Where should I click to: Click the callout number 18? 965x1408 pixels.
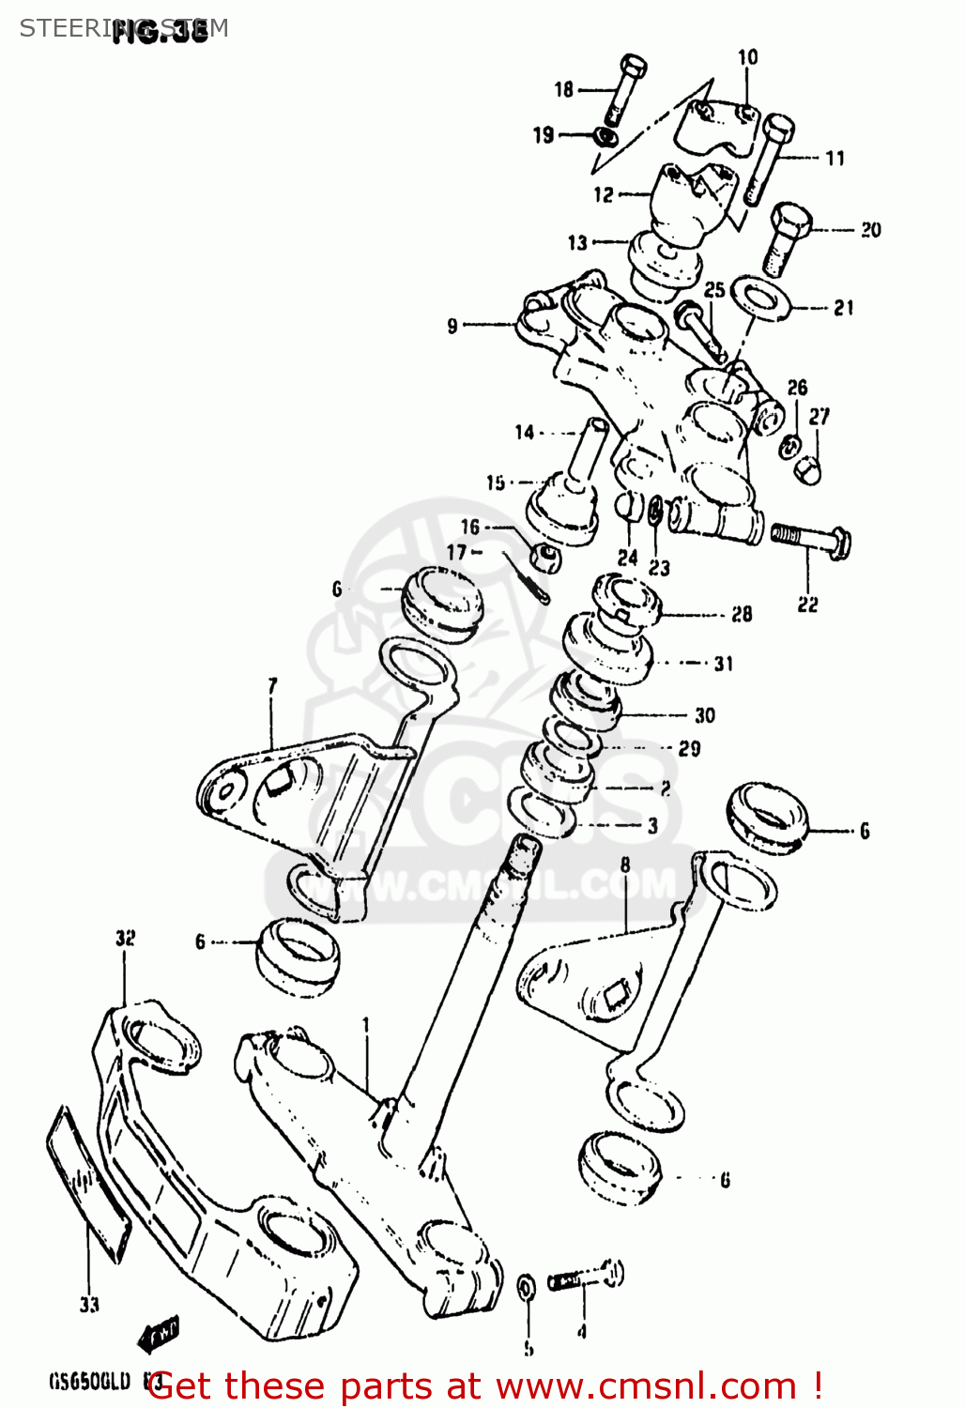point(563,89)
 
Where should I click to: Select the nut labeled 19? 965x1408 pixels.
point(606,137)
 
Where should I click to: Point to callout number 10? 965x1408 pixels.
point(747,57)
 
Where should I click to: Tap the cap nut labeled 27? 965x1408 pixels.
point(807,467)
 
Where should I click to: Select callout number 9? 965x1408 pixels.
point(452,326)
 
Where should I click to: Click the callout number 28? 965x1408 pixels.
point(742,614)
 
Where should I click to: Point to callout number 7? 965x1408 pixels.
point(272,686)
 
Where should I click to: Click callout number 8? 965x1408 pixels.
point(625,865)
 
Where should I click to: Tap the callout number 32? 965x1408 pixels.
point(125,938)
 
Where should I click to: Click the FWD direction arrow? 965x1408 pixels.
point(158,1333)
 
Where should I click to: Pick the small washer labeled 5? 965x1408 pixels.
point(527,1287)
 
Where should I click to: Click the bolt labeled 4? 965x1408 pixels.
point(585,1277)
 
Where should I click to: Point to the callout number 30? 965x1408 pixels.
point(704,715)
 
